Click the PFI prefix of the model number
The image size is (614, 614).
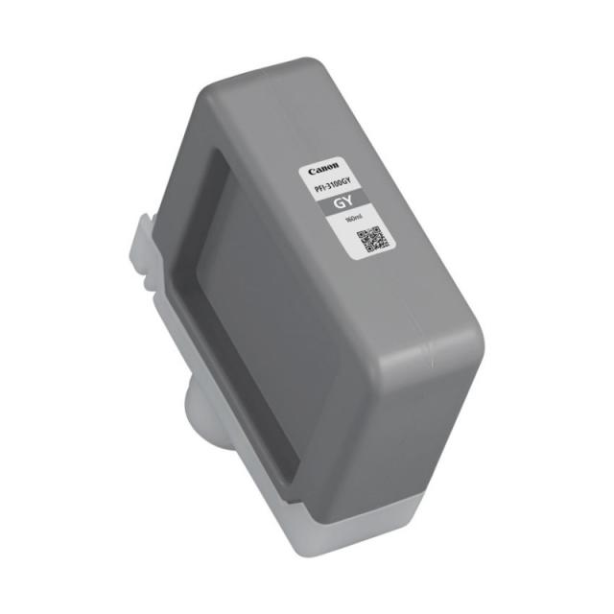pos(319,189)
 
